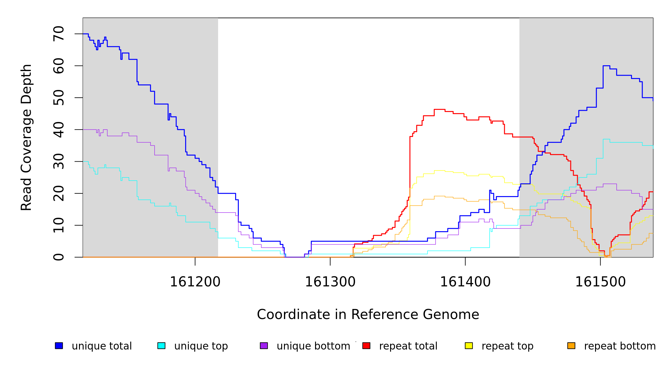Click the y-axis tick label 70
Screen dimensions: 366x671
coord(59,34)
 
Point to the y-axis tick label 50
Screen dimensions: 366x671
coord(59,98)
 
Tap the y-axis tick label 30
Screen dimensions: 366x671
coord(59,162)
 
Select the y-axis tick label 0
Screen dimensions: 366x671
coord(59,257)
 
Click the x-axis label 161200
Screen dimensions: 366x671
coord(195,282)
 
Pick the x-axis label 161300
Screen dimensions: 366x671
coord(330,282)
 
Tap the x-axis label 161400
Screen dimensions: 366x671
coord(465,282)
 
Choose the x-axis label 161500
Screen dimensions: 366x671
coord(600,282)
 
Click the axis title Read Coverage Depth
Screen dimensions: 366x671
coord(26,137)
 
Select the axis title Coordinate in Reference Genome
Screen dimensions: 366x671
coord(368,315)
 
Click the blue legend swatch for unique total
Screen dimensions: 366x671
coord(59,346)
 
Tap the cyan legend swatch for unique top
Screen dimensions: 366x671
coord(161,346)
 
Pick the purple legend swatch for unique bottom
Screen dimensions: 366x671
coord(264,346)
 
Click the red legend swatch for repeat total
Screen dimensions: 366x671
coord(366,346)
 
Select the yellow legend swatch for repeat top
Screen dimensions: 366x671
coord(469,346)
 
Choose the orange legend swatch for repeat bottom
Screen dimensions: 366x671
coord(571,346)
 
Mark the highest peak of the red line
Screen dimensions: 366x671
coord(439,109)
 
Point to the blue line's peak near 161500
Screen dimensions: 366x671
coord(606,66)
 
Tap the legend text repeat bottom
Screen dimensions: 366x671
coord(620,346)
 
